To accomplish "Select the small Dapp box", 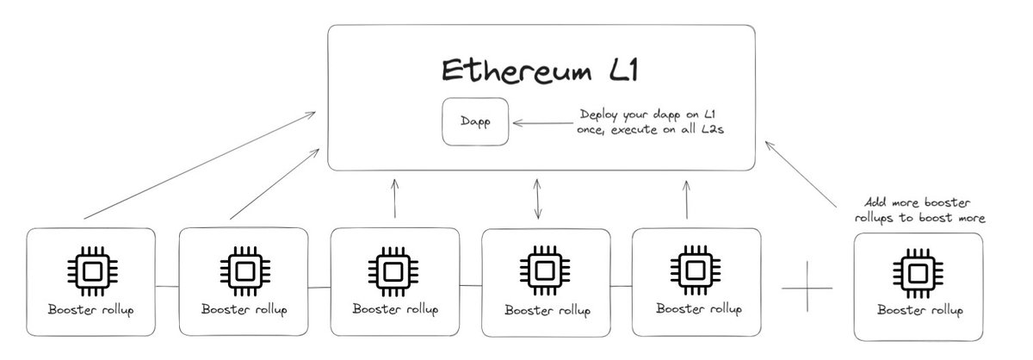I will click(x=473, y=122).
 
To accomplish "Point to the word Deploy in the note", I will click(x=599, y=115).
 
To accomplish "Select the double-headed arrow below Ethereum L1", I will click(x=539, y=199).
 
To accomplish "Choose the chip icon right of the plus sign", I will click(x=919, y=270).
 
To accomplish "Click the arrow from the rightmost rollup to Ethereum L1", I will click(x=801, y=178).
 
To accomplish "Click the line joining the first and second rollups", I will click(x=167, y=285).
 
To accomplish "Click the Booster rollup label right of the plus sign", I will click(x=919, y=309).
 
